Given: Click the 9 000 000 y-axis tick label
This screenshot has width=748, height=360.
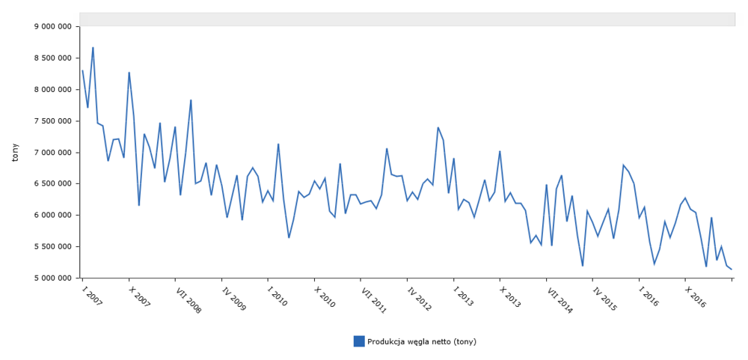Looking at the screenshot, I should tap(53, 26).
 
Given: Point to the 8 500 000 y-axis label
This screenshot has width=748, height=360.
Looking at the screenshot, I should tap(53, 58).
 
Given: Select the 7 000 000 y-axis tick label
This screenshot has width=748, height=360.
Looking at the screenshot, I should tap(53, 152).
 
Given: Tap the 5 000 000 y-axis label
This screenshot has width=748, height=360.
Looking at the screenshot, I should tap(53, 278).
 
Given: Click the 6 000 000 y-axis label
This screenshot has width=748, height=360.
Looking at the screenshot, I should tap(53, 215).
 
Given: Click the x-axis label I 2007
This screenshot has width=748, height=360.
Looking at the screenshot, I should tap(92, 296).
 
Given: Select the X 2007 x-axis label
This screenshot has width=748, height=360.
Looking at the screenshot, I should tap(139, 296).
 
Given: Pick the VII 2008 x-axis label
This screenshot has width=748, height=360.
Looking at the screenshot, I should tap(188, 299).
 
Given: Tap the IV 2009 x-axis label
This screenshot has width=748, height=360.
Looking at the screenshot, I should tap(233, 297).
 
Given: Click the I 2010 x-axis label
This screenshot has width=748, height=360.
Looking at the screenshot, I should tap(278, 296).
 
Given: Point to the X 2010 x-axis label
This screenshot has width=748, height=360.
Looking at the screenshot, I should tap(325, 296).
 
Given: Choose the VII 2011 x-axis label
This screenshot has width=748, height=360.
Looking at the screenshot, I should tap(373, 299).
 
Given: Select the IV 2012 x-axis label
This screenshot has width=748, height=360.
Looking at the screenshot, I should tap(419, 297).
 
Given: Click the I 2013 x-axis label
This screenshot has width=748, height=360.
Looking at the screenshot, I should tap(463, 296).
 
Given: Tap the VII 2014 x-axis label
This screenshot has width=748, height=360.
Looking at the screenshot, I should tap(559, 299).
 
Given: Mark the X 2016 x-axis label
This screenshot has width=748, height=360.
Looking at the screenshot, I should tap(696, 296).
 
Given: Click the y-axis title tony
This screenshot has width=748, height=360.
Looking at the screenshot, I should tap(16, 152).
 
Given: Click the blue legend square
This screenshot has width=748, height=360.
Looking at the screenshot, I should tap(359, 341).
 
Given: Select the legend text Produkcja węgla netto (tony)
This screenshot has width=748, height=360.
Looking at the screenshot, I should tap(422, 341).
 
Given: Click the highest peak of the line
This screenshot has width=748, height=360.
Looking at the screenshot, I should tap(93, 48).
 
